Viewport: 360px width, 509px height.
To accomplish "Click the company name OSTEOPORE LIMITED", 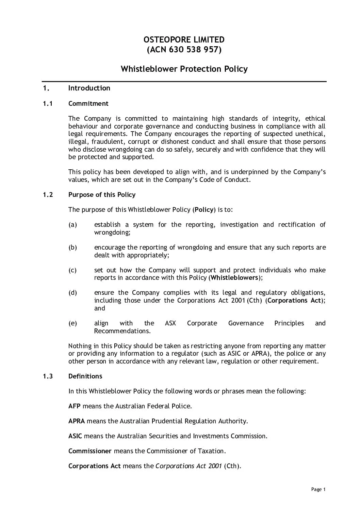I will (x=184, y=40).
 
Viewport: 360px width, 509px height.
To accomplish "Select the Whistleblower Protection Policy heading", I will (x=184, y=69).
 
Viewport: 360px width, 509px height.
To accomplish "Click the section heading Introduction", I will (x=89, y=88).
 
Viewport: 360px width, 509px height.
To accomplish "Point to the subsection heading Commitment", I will (x=88, y=104).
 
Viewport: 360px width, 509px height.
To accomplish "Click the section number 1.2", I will (x=48, y=195).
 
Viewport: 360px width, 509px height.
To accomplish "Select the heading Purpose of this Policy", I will (x=102, y=195).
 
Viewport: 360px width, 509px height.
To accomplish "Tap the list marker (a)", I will (x=73, y=225).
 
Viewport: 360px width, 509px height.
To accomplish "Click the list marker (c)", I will (x=73, y=270).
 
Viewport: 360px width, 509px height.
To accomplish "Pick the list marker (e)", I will (x=73, y=323).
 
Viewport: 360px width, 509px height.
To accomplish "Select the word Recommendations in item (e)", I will (x=122, y=331).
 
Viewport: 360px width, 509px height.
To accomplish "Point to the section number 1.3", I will (x=48, y=376).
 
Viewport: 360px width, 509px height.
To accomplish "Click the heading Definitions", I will (x=85, y=376).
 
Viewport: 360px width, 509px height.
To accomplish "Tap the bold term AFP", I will (x=75, y=406).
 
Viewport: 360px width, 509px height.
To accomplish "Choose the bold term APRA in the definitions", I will (x=77, y=421).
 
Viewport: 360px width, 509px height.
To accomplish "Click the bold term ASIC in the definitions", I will (x=75, y=436).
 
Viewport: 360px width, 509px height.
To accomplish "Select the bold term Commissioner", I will (x=90, y=451).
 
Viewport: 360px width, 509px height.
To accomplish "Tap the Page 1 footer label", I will (x=318, y=490).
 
